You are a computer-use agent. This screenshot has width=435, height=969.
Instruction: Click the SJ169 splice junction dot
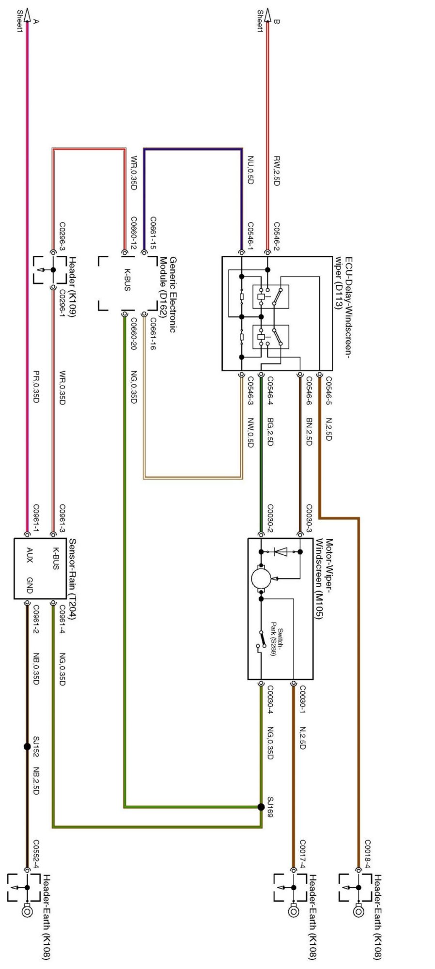coord(262,807)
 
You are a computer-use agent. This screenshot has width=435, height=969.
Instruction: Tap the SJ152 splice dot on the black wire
coord(27,747)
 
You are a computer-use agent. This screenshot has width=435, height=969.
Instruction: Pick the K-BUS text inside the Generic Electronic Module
coord(127,280)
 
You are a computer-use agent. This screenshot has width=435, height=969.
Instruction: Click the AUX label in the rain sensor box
coord(30,555)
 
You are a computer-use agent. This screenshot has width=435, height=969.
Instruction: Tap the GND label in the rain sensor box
coord(30,585)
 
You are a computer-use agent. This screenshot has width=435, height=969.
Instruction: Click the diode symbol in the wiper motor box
coord(280,551)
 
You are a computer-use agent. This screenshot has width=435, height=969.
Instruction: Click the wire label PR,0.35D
coord(36,387)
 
